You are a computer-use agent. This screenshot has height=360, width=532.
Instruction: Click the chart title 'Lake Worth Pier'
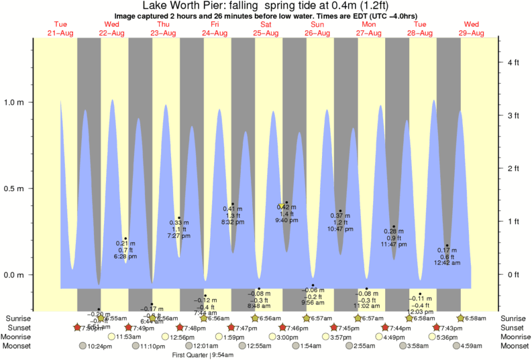[x=177, y=6]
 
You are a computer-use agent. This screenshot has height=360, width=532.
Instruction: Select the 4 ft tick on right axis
[x=513, y=63]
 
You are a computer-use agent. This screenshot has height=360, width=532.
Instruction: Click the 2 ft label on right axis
[x=513, y=168]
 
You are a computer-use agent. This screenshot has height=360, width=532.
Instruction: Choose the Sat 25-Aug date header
[x=266, y=29]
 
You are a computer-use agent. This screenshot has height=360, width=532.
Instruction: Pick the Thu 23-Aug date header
[x=163, y=29]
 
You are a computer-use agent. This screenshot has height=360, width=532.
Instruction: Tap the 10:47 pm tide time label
[x=340, y=229]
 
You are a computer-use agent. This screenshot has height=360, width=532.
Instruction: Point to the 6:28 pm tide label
[x=125, y=256]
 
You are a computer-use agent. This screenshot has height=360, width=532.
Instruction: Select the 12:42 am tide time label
[x=447, y=263]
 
